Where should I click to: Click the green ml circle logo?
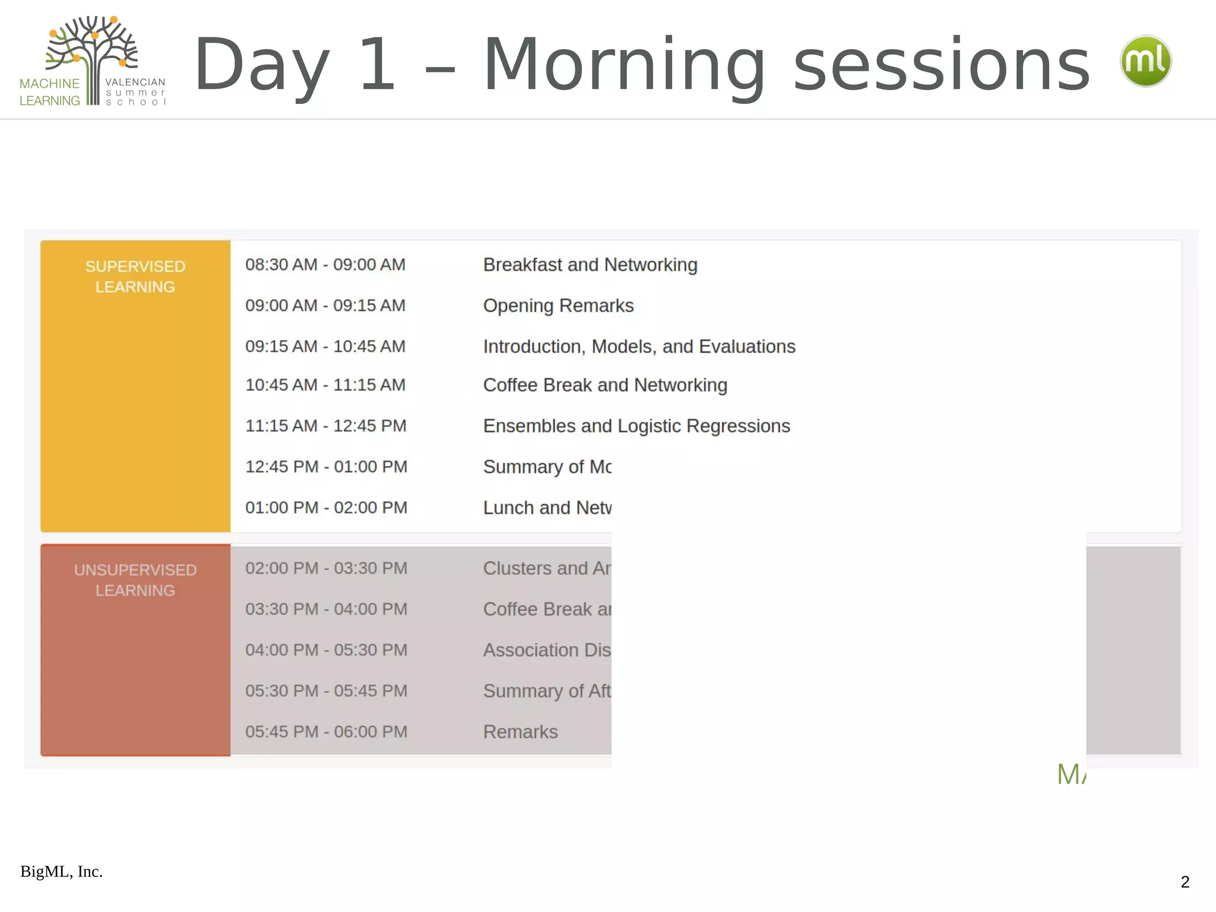pyautogui.click(x=1145, y=61)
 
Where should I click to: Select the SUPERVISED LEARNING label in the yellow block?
pyautogui.click(x=135, y=277)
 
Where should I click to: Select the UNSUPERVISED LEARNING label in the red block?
pyautogui.click(x=135, y=580)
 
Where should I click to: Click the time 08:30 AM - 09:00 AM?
pyautogui.click(x=325, y=265)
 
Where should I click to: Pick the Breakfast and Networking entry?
pyautogui.click(x=590, y=265)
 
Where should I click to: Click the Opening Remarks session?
pyautogui.click(x=558, y=306)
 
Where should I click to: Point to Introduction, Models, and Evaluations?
pyautogui.click(x=639, y=347)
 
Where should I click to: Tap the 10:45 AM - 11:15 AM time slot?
pyautogui.click(x=325, y=385)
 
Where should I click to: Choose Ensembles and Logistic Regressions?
pyautogui.click(x=636, y=426)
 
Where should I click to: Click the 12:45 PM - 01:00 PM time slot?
pyautogui.click(x=326, y=467)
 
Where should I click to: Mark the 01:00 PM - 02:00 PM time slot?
pyautogui.click(x=326, y=508)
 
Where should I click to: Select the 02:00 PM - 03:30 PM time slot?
pyautogui.click(x=326, y=568)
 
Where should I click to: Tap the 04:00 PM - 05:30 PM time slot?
pyautogui.click(x=326, y=650)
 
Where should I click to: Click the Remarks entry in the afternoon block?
pyautogui.click(x=520, y=732)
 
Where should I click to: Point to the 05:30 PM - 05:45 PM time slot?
pyautogui.click(x=326, y=691)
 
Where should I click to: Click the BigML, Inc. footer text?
pyautogui.click(x=62, y=872)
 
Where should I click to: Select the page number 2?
pyautogui.click(x=1185, y=882)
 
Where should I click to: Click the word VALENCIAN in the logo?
pyautogui.click(x=135, y=83)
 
